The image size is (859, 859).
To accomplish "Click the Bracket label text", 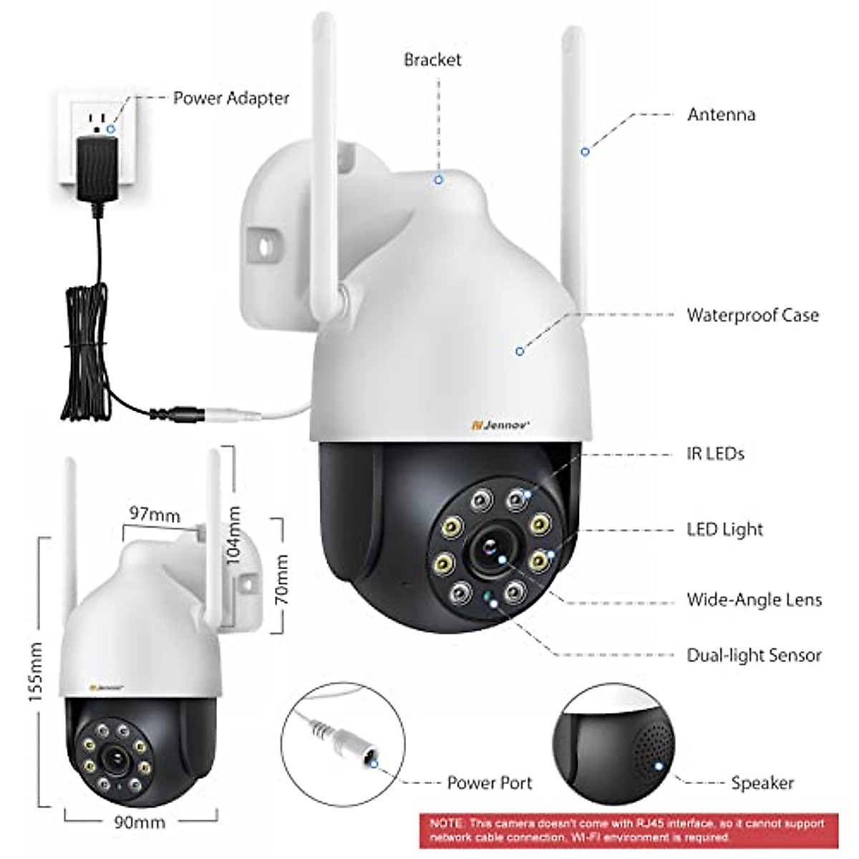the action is [x=432, y=59].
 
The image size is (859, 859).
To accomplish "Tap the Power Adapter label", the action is [x=231, y=99].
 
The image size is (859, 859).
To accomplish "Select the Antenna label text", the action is [x=722, y=115].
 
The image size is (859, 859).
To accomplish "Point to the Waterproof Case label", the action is [x=753, y=315].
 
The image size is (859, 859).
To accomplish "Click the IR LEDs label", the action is [x=715, y=454].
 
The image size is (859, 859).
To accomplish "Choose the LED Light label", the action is [x=725, y=530].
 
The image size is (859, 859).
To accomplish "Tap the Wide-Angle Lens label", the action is [x=754, y=600].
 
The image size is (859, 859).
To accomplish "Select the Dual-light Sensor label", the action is [x=754, y=655].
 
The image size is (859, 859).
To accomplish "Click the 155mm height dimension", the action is [x=36, y=671].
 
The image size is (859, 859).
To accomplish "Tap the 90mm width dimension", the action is [x=140, y=822].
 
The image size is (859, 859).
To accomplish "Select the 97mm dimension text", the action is [x=155, y=514].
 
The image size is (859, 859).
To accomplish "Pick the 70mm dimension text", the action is [x=282, y=580].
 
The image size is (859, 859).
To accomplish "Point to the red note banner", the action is [x=629, y=830].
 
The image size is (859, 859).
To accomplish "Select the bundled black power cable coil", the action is [x=87, y=352].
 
